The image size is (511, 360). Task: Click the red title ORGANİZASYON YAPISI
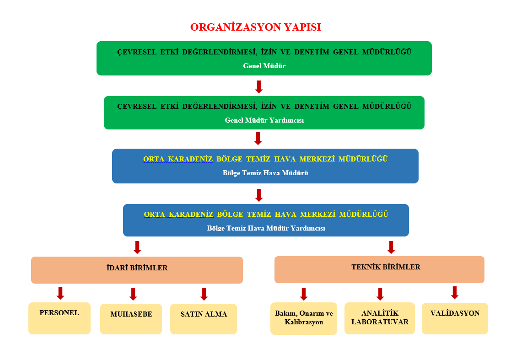coord(255,27)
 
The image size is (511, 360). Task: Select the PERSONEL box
coord(59,318)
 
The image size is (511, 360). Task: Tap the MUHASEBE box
coord(131,319)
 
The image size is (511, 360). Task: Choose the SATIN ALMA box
coord(204,319)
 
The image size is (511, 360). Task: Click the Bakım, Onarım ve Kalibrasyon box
coord(304,318)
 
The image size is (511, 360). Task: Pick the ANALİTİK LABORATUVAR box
coord(380,318)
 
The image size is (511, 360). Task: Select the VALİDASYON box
coord(455,318)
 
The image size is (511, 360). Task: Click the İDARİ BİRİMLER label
coord(137,268)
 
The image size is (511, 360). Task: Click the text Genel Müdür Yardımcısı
coord(264,121)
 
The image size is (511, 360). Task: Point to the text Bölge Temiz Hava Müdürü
coord(265,173)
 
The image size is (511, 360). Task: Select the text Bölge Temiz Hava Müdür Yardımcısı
coord(266,228)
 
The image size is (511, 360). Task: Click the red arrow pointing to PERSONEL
coord(60,293)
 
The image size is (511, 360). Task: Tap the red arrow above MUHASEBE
coord(133,294)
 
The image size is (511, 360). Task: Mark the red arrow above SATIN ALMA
coord(204,294)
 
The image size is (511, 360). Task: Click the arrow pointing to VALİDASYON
coord(455,292)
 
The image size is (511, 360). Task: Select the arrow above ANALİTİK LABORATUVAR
coord(380,294)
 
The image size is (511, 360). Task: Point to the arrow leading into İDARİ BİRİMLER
coord(137,247)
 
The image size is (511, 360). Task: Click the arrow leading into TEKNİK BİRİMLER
coord(391,247)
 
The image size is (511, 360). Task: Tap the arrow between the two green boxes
coord(259,86)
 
